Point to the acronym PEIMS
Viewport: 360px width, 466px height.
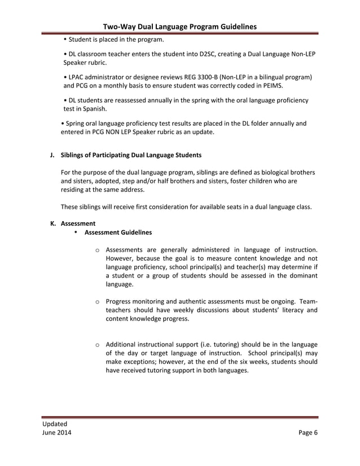pos(271,86)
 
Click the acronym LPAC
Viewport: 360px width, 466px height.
pos(78,77)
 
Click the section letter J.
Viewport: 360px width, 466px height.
pos(52,155)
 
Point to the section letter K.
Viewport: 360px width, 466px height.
pos(52,223)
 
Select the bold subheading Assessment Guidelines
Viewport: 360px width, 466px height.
pos(118,232)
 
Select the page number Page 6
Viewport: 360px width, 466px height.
pos(308,433)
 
